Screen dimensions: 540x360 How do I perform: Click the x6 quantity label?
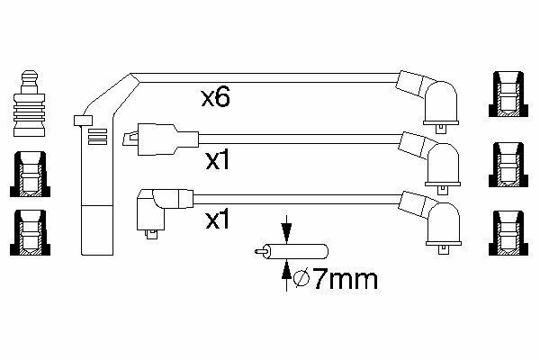[x=216, y=97]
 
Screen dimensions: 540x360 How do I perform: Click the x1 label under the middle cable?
[x=217, y=160]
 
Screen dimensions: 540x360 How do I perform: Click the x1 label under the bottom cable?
[x=217, y=220]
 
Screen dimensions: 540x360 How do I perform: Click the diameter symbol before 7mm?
[x=301, y=279]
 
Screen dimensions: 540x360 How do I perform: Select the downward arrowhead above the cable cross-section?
[x=286, y=229]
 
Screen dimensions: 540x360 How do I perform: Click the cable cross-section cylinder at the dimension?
[x=292, y=251]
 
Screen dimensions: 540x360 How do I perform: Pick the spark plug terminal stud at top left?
[x=30, y=103]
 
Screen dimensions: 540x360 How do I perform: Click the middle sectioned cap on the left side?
[x=30, y=175]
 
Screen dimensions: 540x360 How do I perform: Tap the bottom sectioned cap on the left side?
[x=30, y=233]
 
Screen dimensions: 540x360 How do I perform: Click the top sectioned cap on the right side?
[x=508, y=94]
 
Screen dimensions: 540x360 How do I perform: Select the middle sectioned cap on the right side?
[x=508, y=165]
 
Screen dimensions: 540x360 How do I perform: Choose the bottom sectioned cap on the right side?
[x=508, y=233]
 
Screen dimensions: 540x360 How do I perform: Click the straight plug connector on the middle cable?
[x=160, y=139]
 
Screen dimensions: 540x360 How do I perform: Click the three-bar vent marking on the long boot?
[x=98, y=137]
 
